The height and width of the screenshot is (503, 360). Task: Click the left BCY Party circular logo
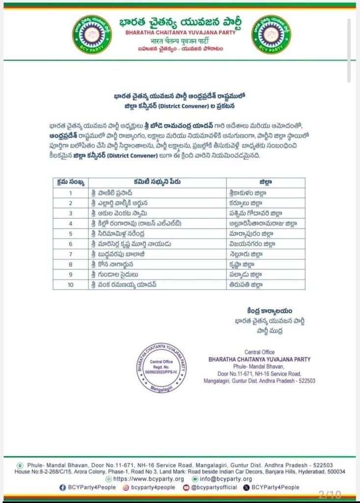tap(92, 34)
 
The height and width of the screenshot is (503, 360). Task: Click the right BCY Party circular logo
tap(271, 34)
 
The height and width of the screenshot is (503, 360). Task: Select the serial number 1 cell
tap(71, 193)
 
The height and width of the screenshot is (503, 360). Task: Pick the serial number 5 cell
tap(71, 233)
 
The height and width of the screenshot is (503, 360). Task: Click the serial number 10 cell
tap(71, 284)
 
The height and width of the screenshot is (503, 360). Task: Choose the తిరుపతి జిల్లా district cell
tap(246, 284)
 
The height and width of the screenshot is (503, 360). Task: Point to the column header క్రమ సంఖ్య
tap(71, 182)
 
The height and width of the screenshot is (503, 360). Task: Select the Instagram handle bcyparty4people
tap(147, 487)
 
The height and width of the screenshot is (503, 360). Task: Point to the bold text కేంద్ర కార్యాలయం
tap(270, 310)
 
